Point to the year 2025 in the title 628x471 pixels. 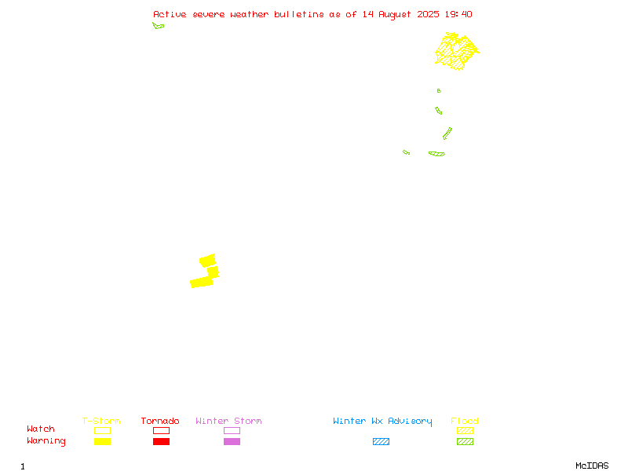tap(428, 14)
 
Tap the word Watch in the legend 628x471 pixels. tap(41, 429)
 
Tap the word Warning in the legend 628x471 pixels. tap(46, 441)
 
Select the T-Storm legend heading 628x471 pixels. tap(101, 421)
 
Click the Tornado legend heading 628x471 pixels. tap(160, 421)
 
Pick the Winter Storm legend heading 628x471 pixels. tap(228, 421)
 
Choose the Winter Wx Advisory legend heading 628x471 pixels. tap(382, 422)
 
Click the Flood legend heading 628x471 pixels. tap(465, 421)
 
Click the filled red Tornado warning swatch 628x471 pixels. tap(162, 441)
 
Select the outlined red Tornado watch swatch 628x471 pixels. tap(162, 430)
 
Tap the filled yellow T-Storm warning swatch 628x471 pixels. tap(103, 441)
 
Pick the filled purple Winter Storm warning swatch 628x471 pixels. tap(232, 441)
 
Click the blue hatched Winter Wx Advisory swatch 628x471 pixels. tap(381, 441)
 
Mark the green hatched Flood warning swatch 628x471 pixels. tap(465, 441)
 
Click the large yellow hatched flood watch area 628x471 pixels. tap(457, 51)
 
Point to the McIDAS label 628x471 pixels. tap(592, 466)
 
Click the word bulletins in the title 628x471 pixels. tap(299, 14)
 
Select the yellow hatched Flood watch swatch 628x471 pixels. tap(465, 430)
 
